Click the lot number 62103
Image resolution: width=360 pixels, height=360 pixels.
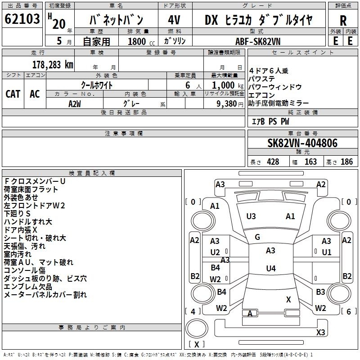22,20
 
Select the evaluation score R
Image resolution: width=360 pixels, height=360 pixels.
343,21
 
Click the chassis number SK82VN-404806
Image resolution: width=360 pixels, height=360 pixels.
302,143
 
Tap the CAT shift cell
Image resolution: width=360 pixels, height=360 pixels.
13,94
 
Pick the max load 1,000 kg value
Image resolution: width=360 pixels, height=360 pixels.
225,85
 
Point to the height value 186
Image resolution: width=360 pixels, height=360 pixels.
346,162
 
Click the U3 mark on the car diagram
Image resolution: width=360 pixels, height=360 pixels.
251,216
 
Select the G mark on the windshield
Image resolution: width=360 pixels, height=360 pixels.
257,237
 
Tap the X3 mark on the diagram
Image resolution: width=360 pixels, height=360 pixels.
320,333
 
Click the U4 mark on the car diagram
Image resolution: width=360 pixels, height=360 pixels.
270,269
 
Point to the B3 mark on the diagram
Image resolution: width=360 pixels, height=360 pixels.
320,292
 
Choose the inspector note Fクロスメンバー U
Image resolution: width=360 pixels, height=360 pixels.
35,181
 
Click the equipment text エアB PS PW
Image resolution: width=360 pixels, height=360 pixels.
270,121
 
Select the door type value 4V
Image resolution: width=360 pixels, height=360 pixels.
174,20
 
